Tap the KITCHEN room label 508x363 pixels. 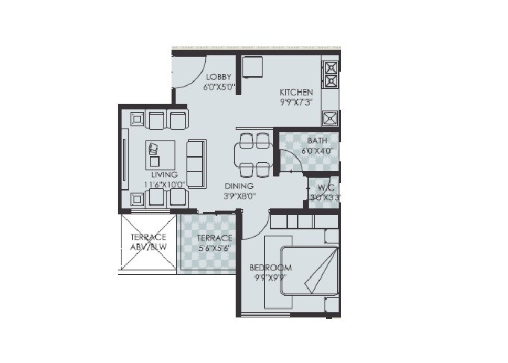pyautogui.click(x=296, y=93)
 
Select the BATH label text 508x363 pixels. pyautogui.click(x=317, y=140)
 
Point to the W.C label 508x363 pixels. pyautogui.click(x=324, y=188)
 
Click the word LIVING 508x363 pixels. pyautogui.click(x=163, y=175)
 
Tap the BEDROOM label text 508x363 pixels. pyautogui.click(x=271, y=268)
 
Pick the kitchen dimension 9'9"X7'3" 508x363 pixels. pyautogui.click(x=296, y=103)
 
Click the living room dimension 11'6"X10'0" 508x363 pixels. pyautogui.click(x=163, y=184)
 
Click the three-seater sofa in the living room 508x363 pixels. pyautogui.click(x=196, y=164)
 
